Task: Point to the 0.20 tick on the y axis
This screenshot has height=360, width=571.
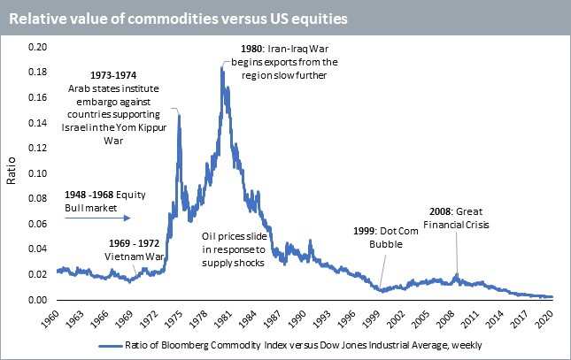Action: point(39,45)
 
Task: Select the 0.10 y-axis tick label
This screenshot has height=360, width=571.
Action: point(39,173)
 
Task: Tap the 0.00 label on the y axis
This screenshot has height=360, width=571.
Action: point(39,301)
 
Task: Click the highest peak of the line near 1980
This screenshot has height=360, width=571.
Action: point(221,66)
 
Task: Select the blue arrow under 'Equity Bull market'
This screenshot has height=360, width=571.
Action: point(97,217)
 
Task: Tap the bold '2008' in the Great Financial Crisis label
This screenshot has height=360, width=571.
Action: point(465,211)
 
